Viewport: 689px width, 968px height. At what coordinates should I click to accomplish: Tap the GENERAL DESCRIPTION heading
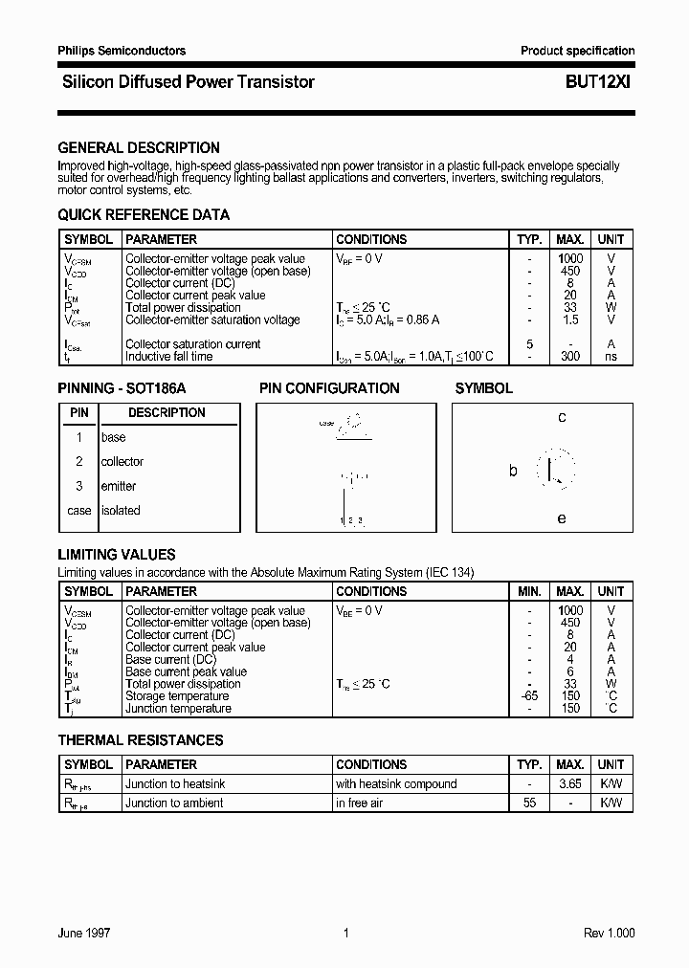139,148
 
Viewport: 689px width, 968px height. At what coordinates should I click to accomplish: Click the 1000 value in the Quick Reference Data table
570,258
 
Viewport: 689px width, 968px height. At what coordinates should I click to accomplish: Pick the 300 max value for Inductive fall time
570,357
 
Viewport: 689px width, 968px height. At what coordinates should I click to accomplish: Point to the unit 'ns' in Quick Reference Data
611,357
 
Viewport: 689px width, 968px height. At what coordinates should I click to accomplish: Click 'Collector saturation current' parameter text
192,344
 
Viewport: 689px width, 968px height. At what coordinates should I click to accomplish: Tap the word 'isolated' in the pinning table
121,511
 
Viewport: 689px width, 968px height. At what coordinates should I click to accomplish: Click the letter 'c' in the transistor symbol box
562,417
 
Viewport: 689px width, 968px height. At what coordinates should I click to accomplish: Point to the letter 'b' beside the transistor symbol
513,471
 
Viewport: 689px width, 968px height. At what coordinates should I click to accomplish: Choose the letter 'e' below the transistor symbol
562,518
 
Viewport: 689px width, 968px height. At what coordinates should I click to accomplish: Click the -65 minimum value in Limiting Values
529,696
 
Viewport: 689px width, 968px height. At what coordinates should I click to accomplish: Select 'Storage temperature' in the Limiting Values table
177,696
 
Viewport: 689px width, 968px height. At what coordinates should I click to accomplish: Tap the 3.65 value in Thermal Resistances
570,784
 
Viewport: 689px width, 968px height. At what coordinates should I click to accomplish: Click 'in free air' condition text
359,803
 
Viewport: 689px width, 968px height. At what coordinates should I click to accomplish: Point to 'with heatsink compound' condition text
396,784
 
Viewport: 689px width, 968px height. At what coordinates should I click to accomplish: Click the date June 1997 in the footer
84,934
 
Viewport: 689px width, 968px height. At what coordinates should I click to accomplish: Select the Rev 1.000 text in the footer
609,934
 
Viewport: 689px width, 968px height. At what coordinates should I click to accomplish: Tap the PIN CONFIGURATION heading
329,388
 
